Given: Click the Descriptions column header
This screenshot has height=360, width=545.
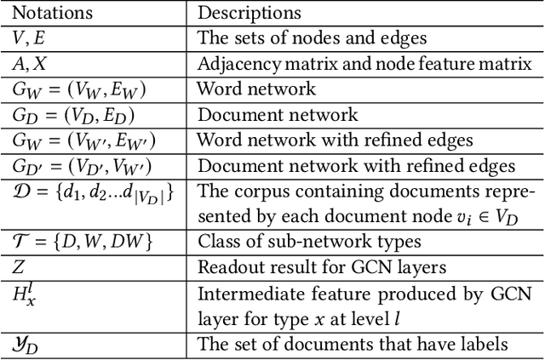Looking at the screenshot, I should (x=249, y=14).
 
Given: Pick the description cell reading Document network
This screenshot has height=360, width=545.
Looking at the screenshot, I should (x=277, y=114).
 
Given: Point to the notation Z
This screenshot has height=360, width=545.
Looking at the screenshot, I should (x=18, y=267).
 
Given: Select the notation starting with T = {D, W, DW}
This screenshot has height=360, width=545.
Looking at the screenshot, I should (x=82, y=242).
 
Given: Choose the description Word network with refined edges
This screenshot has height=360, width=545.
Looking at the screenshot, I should (x=331, y=140).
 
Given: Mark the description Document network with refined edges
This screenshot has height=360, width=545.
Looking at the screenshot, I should (x=356, y=165).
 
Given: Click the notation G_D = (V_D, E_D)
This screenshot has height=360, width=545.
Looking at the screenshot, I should (x=73, y=114).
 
